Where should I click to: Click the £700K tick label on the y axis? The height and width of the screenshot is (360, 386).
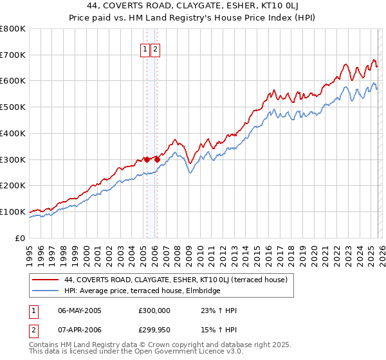13,55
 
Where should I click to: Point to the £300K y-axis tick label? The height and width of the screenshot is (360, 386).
13,159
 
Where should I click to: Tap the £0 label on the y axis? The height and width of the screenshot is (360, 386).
20,238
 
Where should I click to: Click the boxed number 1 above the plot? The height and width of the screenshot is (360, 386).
145,50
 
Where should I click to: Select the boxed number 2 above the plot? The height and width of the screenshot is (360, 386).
156,50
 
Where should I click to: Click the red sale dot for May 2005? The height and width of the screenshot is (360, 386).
147,159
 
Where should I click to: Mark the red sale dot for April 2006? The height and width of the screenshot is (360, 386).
157,159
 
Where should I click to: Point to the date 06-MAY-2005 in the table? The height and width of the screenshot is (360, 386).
80,310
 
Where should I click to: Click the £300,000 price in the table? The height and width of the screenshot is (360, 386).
154,310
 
